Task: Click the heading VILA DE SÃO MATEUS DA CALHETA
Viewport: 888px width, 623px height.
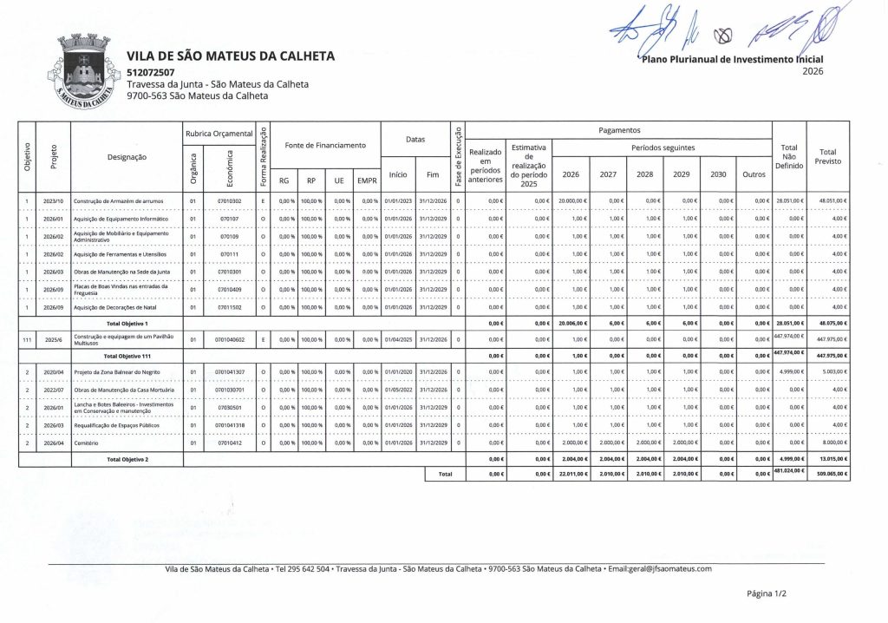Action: (x=230, y=56)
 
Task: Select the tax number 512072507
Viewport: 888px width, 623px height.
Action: (x=150, y=72)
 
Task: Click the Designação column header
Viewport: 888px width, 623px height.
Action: (x=127, y=157)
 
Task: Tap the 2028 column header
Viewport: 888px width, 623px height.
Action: (x=644, y=174)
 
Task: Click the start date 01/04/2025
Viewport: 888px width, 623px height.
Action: (x=398, y=339)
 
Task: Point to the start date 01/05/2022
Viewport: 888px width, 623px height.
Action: (x=398, y=390)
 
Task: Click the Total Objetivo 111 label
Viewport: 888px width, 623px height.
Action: (x=127, y=356)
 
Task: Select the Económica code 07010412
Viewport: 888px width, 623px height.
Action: (x=229, y=442)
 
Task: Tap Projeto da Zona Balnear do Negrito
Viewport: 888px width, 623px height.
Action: (x=115, y=372)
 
